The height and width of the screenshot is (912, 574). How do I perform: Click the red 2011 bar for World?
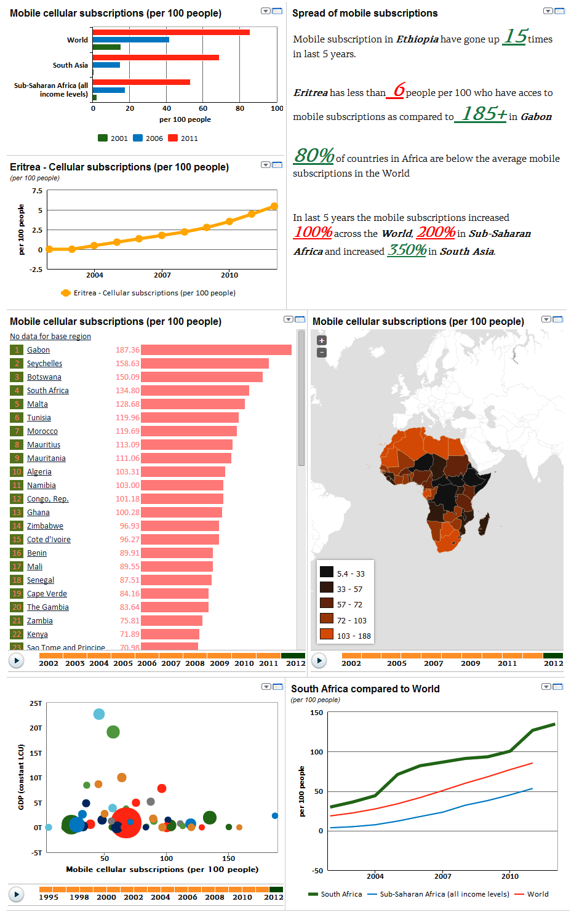pos(171,32)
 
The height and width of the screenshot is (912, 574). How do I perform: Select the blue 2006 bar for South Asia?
pos(106,65)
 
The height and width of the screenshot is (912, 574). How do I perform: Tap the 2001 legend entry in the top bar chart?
pos(113,138)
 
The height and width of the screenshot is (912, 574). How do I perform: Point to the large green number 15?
pos(515,37)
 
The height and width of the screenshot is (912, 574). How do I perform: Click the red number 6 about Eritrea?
pos(399,90)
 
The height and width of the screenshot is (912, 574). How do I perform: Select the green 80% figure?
pos(314,156)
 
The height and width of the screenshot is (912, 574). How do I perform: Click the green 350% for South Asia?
pos(407,250)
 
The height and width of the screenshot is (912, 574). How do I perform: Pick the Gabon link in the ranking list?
pos(38,350)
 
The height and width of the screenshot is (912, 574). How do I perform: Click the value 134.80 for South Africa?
pos(127,391)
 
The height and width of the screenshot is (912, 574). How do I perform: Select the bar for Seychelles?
pos(205,364)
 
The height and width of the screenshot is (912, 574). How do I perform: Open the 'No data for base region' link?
pos(50,337)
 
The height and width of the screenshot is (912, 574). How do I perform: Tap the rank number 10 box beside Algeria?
pos(17,472)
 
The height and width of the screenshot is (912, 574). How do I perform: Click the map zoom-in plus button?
pos(322,340)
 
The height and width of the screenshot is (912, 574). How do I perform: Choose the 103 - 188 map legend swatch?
pos(327,634)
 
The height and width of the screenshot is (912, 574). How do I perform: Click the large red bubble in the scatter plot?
pos(127,823)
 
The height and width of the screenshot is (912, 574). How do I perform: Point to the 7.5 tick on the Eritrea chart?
pos(37,191)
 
